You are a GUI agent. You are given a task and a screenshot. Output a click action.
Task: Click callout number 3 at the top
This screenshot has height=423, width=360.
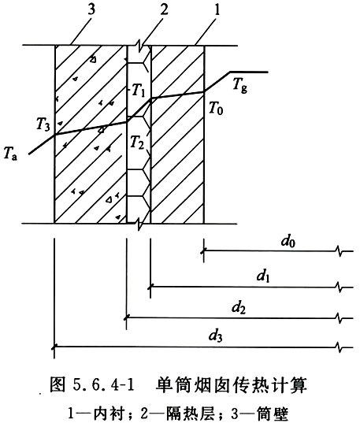point(91,9)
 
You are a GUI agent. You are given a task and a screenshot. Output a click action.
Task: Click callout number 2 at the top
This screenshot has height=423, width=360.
point(164,9)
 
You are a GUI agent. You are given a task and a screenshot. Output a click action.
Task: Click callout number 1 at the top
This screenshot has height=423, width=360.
point(217,9)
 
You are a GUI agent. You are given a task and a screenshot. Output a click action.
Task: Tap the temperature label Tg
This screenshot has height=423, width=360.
point(240,85)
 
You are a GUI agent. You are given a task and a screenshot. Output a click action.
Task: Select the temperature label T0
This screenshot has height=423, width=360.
point(216,109)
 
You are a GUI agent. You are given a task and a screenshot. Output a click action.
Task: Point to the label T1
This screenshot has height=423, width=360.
point(139,91)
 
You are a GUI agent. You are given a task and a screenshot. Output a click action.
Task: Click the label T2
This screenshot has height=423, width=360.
point(137,142)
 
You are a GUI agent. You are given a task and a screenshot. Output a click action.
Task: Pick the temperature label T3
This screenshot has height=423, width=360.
point(43,125)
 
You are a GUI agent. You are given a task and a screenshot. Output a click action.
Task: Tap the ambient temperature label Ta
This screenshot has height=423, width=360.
point(10,154)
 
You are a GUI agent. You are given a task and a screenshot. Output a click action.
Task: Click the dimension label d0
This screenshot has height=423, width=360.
point(288,241)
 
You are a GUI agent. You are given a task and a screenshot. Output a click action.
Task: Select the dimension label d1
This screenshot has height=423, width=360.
point(263,276)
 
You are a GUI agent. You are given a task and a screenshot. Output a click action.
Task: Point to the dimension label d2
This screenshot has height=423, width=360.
point(239,307)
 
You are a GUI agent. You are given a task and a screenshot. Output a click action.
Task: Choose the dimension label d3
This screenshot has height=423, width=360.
point(215,336)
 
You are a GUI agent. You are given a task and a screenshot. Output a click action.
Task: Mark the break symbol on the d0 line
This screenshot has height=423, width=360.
point(339,251)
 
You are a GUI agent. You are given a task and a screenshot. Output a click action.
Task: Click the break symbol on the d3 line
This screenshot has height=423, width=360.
point(339,347)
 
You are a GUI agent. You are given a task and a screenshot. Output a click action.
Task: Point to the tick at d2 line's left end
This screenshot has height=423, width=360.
point(126,318)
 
